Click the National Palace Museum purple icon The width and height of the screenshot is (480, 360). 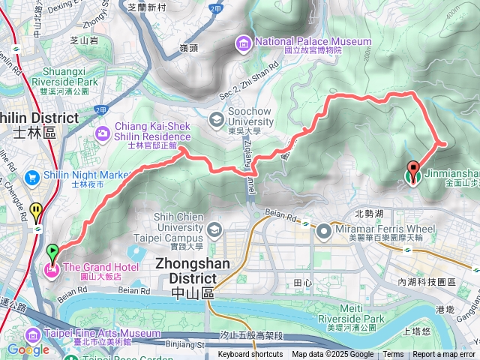click(243, 43)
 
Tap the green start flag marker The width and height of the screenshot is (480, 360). click(52, 252)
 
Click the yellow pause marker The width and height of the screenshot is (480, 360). click(37, 212)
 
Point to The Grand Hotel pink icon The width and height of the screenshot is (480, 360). click(52, 268)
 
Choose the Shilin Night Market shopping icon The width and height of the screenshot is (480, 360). click(31, 178)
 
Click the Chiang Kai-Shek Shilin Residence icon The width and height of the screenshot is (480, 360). click(102, 133)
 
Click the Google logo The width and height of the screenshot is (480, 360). click(28, 349)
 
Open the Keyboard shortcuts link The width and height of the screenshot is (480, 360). click(250, 355)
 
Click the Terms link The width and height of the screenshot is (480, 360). click(393, 355)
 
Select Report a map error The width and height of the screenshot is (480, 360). click(443, 355)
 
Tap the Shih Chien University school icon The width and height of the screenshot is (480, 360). click(214, 228)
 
